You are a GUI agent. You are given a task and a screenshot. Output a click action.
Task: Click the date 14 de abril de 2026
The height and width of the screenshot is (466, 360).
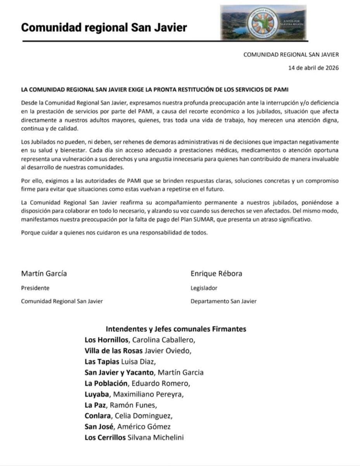(313, 68)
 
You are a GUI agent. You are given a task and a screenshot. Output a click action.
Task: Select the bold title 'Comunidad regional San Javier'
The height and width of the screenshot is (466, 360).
(104, 28)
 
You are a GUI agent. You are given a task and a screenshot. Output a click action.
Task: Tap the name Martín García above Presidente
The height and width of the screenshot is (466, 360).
(44, 273)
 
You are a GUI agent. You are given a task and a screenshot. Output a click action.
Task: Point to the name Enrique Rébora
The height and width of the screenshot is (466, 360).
(216, 273)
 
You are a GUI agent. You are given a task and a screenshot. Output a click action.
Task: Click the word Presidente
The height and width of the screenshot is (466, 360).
(35, 288)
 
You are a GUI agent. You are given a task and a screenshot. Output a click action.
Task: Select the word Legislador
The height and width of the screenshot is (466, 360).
(204, 288)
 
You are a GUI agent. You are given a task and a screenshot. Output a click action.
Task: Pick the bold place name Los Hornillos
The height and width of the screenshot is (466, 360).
(107, 340)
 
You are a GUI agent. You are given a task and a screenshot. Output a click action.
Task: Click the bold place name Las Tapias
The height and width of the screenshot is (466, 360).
(102, 362)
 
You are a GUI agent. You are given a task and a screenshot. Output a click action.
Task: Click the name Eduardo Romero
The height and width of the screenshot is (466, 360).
(159, 384)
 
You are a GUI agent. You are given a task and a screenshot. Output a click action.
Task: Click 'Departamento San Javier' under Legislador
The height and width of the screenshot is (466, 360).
(223, 301)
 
